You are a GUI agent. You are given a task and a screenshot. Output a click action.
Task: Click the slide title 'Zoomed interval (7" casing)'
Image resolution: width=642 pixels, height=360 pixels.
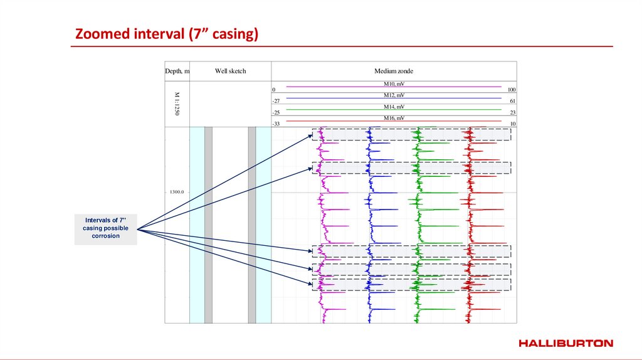pyautogui.click(x=167, y=34)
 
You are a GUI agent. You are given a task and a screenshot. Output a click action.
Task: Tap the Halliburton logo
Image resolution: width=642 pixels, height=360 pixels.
pyautogui.click(x=566, y=343)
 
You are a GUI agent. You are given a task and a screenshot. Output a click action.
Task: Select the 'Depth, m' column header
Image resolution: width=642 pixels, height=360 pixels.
pyautogui.click(x=177, y=71)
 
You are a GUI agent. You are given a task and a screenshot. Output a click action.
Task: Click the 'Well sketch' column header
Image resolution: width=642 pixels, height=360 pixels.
pyautogui.click(x=230, y=71)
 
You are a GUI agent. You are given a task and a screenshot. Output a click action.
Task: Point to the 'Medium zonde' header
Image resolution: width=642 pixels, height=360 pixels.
pyautogui.click(x=394, y=71)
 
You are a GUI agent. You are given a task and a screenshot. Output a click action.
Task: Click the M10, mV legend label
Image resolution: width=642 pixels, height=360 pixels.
pyautogui.click(x=394, y=83)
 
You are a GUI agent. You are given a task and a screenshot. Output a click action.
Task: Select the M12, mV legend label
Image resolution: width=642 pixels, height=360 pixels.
pyautogui.click(x=394, y=95)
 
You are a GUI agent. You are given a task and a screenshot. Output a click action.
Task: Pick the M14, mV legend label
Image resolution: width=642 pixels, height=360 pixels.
pyautogui.click(x=394, y=107)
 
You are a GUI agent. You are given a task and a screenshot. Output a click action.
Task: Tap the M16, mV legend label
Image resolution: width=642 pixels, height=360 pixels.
pyautogui.click(x=394, y=118)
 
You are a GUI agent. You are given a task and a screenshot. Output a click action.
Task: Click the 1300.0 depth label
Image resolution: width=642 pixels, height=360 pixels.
pyautogui.click(x=176, y=192)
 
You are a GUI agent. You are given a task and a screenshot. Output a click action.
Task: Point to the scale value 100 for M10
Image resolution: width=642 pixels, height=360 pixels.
pyautogui.click(x=512, y=90)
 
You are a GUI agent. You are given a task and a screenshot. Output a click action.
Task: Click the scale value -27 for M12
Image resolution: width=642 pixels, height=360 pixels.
pyautogui.click(x=275, y=101)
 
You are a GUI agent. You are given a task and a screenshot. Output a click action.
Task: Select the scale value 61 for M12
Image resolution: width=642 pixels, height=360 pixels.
pyautogui.click(x=513, y=101)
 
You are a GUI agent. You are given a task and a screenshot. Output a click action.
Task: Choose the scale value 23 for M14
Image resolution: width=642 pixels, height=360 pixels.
pyautogui.click(x=513, y=112)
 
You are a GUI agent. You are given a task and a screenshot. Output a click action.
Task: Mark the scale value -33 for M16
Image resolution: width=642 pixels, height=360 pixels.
pyautogui.click(x=275, y=124)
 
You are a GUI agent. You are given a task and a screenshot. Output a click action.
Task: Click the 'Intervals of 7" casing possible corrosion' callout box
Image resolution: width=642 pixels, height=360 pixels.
pyautogui.click(x=105, y=228)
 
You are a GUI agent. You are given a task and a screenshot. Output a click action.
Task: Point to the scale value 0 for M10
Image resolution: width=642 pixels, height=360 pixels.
pyautogui.click(x=274, y=90)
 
